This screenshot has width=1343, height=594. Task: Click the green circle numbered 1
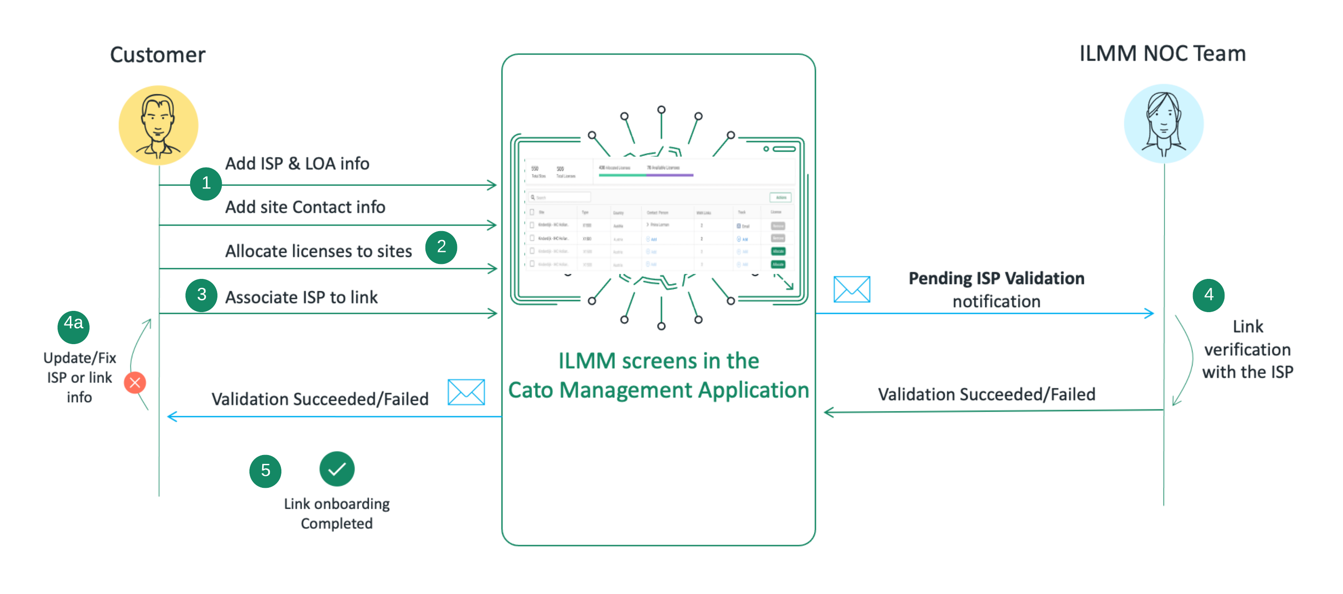[206, 183]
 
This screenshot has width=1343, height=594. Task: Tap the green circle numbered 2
[441, 246]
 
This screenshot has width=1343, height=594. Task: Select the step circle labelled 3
[201, 295]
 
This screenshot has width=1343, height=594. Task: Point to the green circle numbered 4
[1208, 295]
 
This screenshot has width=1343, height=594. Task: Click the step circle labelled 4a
[73, 327]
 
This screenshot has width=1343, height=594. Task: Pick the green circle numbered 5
[265, 471]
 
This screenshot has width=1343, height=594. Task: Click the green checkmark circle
[337, 469]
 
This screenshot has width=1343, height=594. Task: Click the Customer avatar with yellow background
[159, 126]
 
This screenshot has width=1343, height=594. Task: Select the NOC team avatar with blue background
[1163, 124]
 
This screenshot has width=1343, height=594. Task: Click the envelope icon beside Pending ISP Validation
[851, 290]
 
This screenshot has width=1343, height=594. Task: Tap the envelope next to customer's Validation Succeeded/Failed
[466, 392]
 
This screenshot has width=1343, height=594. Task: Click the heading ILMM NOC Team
[1162, 54]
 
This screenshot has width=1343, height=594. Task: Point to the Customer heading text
[157, 55]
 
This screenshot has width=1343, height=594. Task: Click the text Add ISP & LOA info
[297, 164]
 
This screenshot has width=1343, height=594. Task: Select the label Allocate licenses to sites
[318, 251]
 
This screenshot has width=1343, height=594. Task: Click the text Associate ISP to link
[301, 297]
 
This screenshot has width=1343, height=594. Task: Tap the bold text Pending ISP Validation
[996, 278]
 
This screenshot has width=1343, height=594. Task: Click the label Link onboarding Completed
[337, 513]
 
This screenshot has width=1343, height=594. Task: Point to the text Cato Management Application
[658, 390]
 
